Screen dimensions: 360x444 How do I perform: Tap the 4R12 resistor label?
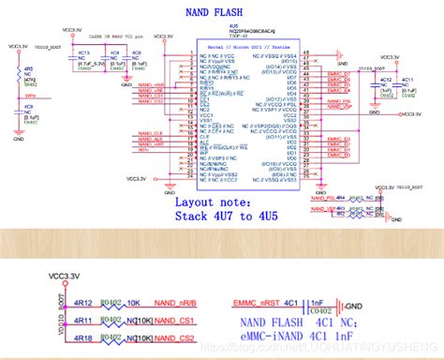point(82,303)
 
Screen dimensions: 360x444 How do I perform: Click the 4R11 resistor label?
point(82,320)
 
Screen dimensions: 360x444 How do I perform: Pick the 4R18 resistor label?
point(82,337)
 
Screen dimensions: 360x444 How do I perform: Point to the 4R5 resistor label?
point(29,69)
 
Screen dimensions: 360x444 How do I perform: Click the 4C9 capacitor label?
point(29,108)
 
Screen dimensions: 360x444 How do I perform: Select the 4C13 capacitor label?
point(83,53)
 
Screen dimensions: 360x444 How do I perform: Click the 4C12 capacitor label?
point(386,80)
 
